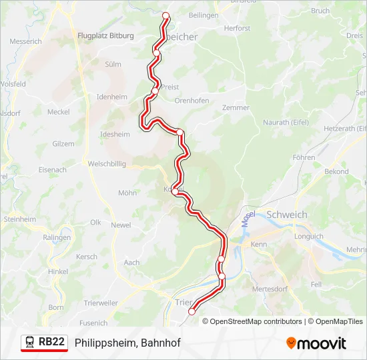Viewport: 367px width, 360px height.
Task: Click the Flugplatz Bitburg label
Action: pyautogui.click(x=105, y=35)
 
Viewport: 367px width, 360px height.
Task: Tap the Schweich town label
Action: pyautogui.click(x=286, y=215)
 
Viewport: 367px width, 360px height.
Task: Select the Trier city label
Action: pyautogui.click(x=182, y=301)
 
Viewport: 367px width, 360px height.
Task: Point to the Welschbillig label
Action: pyautogui.click(x=107, y=163)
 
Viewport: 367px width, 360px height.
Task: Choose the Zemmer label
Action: pyautogui.click(x=236, y=107)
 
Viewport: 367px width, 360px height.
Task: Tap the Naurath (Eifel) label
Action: pyautogui.click(x=286, y=123)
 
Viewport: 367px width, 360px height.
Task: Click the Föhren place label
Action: pyautogui.click(x=304, y=157)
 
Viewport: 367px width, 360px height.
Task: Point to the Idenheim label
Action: pyautogui.click(x=112, y=97)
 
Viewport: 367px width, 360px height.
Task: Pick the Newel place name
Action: pyautogui.click(x=121, y=225)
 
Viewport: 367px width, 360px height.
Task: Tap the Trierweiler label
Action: pyautogui.click(x=101, y=303)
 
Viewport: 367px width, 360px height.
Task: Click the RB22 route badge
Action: pyautogui.click(x=51, y=342)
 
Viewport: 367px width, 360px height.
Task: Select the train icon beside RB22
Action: pyautogui.click(x=30, y=342)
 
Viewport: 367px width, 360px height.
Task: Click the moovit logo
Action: pyautogui.click(x=316, y=343)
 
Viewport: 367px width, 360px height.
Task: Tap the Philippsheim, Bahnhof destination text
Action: pyautogui.click(x=127, y=343)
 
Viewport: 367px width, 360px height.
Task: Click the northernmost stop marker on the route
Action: pyautogui.click(x=165, y=16)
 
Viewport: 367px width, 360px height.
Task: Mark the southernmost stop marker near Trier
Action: pyautogui.click(x=192, y=311)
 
